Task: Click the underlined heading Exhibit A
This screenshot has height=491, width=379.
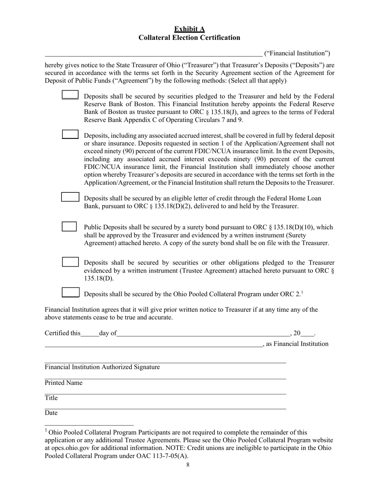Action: click(189, 29)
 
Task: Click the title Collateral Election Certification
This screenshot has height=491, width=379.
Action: click(189, 38)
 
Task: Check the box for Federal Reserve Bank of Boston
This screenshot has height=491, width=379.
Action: click(70, 95)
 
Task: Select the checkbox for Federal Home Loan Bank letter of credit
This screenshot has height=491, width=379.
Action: click(70, 197)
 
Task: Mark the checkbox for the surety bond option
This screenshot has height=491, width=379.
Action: click(69, 226)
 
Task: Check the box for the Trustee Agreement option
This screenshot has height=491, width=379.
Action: click(70, 262)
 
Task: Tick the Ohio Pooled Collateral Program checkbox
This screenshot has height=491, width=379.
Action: click(70, 293)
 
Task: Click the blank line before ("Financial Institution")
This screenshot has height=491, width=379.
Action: click(154, 53)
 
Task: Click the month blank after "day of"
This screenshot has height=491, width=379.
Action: click(203, 334)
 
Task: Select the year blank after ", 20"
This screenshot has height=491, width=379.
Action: click(308, 334)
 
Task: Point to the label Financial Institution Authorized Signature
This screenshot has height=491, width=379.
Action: click(102, 367)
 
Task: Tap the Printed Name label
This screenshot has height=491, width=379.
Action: click(63, 383)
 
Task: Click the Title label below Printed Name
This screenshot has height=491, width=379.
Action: click(51, 398)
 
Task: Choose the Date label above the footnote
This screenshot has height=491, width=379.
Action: click(51, 413)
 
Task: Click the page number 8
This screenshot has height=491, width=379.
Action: click(188, 465)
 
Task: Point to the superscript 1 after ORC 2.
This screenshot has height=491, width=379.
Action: click(302, 292)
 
